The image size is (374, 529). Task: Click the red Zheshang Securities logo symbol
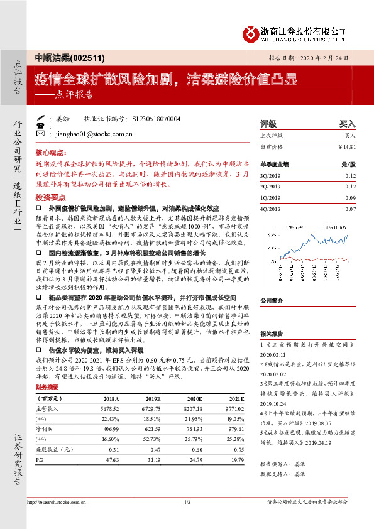(x=251, y=31)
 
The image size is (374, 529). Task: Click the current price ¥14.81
(x=346, y=146)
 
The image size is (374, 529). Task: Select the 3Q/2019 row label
(x=269, y=176)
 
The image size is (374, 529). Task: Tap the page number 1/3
(x=187, y=503)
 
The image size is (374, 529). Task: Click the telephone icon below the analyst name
(x=41, y=126)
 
